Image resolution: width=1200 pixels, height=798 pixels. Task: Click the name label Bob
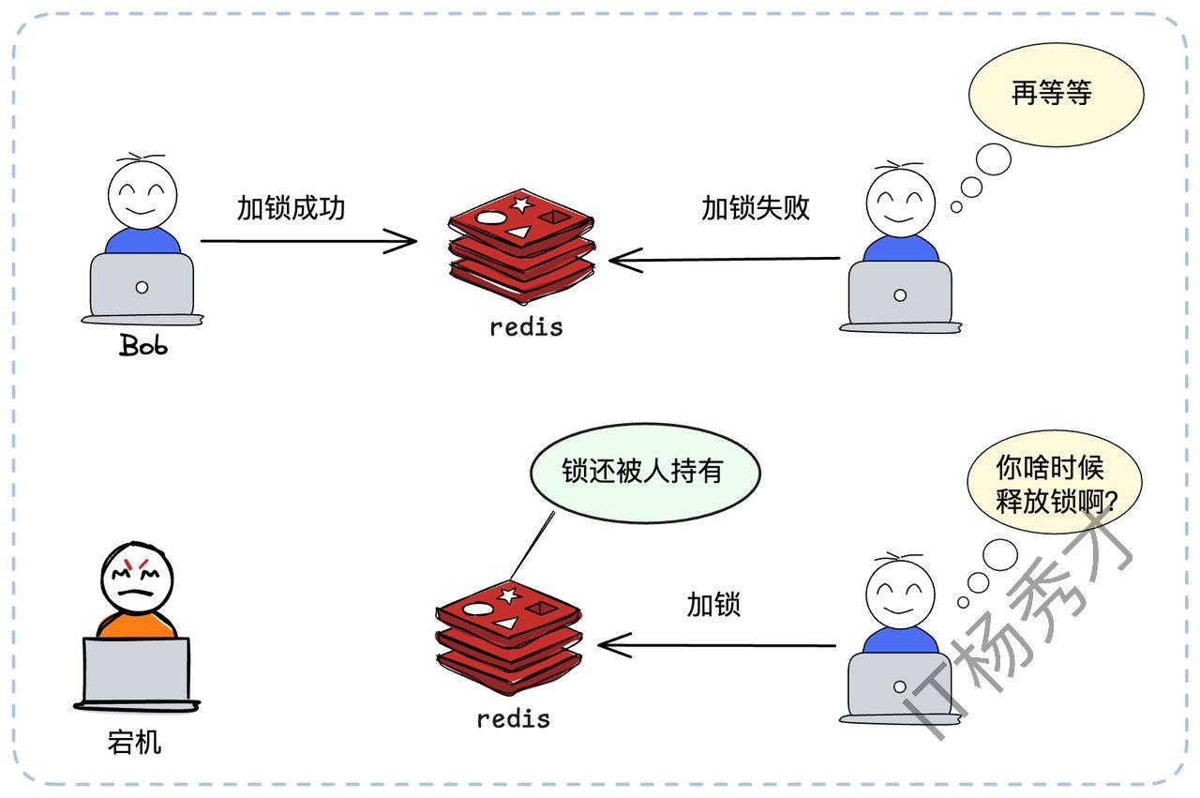(x=143, y=345)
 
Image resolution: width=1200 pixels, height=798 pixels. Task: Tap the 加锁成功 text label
(x=291, y=208)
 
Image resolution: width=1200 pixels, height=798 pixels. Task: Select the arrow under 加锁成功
(x=308, y=242)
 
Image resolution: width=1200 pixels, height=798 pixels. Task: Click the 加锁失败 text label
(x=756, y=208)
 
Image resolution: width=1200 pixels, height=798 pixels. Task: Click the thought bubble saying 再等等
(x=1056, y=94)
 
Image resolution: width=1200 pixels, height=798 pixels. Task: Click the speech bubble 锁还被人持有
(x=645, y=472)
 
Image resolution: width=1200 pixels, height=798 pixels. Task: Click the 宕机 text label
(x=134, y=744)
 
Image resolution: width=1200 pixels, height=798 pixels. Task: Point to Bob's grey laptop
(x=142, y=286)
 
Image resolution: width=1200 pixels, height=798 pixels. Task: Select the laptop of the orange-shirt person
(x=136, y=671)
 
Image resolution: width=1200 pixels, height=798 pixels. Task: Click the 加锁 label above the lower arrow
(x=713, y=605)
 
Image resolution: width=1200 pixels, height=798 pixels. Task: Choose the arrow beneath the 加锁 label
(x=717, y=645)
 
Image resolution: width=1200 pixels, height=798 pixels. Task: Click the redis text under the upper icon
(x=527, y=327)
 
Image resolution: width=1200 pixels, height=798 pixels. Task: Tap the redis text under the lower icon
(x=513, y=719)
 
